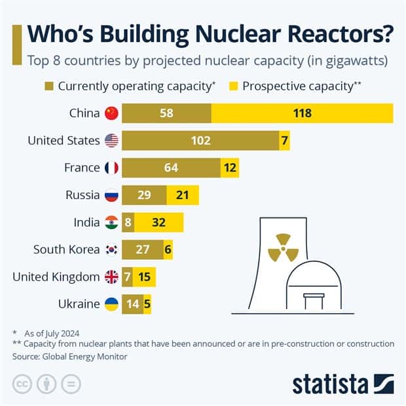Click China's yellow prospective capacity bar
[302, 113]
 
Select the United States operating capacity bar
[200, 140]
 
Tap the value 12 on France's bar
[229, 168]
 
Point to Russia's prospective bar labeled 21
[183, 195]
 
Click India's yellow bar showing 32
[159, 222]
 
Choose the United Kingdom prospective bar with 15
[145, 277]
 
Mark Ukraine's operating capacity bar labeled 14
[132, 304]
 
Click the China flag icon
[111, 113]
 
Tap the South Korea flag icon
[111, 249]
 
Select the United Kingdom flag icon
[111, 277]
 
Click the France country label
[82, 168]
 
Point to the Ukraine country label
[79, 304]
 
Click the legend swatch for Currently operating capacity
[50, 86]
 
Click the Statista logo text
[331, 383]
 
